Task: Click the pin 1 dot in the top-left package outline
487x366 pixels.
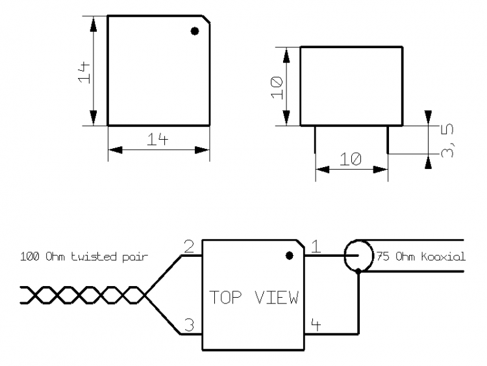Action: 194,31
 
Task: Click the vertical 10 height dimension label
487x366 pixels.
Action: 276,86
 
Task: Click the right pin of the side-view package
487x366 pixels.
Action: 388,139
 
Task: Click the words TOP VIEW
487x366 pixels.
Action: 253,298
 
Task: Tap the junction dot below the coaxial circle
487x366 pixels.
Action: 358,273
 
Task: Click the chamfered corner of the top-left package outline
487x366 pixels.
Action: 205,20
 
